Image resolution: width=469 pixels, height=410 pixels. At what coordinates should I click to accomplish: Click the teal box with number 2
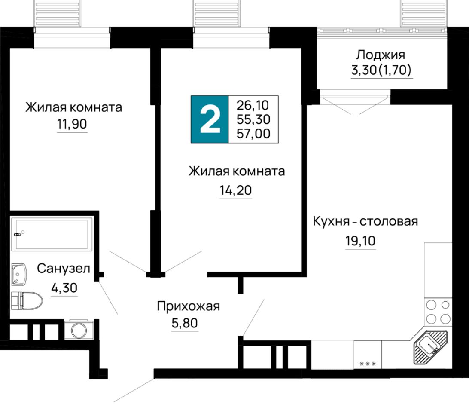pos(210,119)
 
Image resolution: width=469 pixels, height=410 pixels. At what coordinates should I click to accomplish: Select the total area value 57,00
pos(253,134)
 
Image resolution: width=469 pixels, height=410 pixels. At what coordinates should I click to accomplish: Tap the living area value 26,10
pos(253,105)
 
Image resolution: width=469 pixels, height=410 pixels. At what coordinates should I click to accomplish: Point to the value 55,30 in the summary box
pos(253,119)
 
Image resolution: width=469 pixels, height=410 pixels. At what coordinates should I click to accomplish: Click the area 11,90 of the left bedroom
pos(72,124)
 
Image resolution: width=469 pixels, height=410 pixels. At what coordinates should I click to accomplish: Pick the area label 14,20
pos(236,190)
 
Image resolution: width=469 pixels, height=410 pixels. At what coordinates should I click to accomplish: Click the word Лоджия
pos(381,55)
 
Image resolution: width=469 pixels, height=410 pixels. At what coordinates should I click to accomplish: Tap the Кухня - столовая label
pos(365,221)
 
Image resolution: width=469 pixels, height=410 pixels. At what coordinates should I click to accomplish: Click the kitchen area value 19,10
pos(360,241)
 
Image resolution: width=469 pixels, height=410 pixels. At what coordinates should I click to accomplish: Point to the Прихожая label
pos(189,306)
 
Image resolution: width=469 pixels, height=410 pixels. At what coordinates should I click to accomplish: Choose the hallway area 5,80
pos(185,323)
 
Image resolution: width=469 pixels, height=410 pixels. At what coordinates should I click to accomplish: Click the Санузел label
pos(64,269)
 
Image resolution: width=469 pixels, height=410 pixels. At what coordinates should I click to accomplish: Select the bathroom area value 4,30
pos(64,288)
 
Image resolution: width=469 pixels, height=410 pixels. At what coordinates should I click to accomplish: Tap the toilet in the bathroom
pos(27,301)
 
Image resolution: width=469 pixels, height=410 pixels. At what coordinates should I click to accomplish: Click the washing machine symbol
pos(79,330)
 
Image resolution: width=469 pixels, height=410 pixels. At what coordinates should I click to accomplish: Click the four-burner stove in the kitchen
pos(438,312)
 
